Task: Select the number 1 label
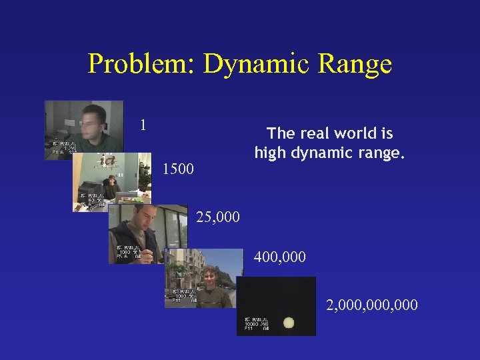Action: pos(143,125)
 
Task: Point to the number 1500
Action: pos(178,169)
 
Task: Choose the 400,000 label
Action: pos(280,256)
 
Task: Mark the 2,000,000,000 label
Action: pos(372,305)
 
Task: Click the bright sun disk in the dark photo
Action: pos(289,323)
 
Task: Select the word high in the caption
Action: pos(271,153)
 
